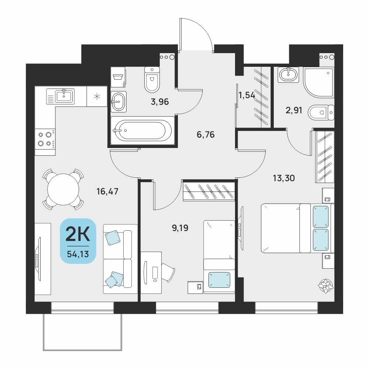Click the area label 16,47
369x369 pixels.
(x=107, y=192)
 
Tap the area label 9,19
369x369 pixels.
(x=180, y=228)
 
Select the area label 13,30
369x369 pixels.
(x=284, y=178)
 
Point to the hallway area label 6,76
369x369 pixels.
(x=206, y=135)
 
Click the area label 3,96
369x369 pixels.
(x=160, y=102)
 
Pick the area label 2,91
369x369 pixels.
(x=294, y=110)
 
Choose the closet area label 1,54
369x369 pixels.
(x=246, y=95)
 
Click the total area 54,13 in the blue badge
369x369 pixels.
(x=78, y=254)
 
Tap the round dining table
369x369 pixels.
(x=63, y=189)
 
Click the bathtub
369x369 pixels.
(x=142, y=130)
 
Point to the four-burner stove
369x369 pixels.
(x=45, y=142)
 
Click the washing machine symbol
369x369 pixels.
(x=118, y=77)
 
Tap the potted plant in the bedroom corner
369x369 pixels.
(x=326, y=286)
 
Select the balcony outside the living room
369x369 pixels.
(x=82, y=332)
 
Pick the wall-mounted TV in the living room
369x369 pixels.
(x=38, y=259)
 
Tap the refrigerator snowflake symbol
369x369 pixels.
(x=97, y=96)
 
